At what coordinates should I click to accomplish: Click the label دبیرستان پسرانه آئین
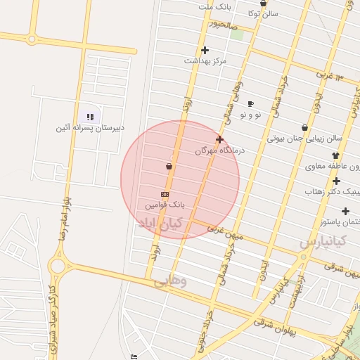point(90,128)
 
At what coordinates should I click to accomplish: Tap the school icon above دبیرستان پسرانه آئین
point(90,117)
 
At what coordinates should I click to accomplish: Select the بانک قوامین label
point(165,205)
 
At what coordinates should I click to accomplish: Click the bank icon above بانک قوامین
point(165,194)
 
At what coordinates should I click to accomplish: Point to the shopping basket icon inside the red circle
point(169,167)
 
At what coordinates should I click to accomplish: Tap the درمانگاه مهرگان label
point(219,150)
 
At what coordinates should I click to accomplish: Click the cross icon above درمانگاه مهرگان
point(219,139)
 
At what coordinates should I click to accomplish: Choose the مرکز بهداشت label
point(205,61)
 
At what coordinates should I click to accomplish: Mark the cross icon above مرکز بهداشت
point(205,50)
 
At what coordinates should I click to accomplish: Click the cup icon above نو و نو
point(250,103)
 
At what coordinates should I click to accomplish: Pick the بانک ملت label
point(215,7)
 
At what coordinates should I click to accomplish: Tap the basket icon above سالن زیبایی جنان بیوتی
point(304,128)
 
